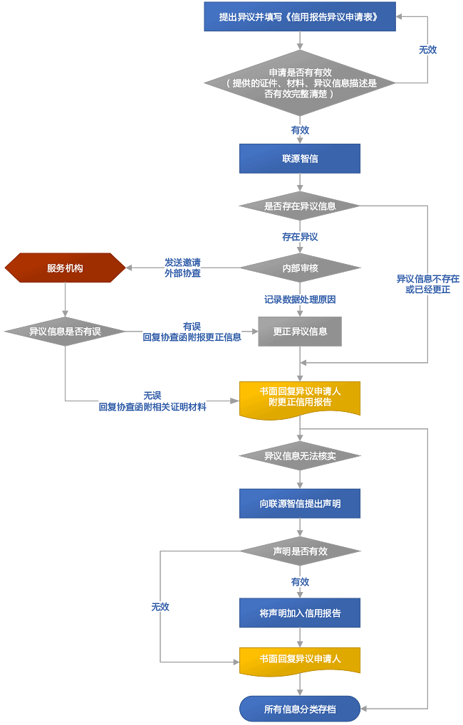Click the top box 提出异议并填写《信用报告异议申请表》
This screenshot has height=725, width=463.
(x=300, y=16)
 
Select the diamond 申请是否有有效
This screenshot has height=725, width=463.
(x=300, y=83)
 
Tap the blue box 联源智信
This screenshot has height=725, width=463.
(x=300, y=159)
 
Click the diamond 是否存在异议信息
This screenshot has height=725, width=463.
(x=300, y=206)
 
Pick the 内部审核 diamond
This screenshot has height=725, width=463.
(x=300, y=268)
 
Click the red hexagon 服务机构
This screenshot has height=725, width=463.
(x=65, y=268)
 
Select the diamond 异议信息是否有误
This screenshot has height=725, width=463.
(x=65, y=332)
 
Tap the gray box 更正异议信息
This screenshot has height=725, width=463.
(x=300, y=332)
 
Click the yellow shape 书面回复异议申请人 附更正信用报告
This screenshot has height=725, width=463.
(x=300, y=397)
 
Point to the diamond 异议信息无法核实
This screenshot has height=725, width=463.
(x=300, y=455)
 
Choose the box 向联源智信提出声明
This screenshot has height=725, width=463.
(x=300, y=504)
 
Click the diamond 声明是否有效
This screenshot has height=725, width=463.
(x=300, y=551)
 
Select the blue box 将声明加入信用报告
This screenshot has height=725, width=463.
(x=300, y=613)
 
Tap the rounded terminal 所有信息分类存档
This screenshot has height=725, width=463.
(x=300, y=709)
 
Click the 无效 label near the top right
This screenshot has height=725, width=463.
(x=427, y=50)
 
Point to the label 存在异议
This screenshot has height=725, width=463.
(x=300, y=237)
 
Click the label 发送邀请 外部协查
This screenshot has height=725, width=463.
(x=182, y=268)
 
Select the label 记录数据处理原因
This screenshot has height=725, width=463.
(x=300, y=300)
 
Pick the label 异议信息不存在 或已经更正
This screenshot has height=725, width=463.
(x=427, y=284)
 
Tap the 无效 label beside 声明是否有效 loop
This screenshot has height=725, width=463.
(x=160, y=607)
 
